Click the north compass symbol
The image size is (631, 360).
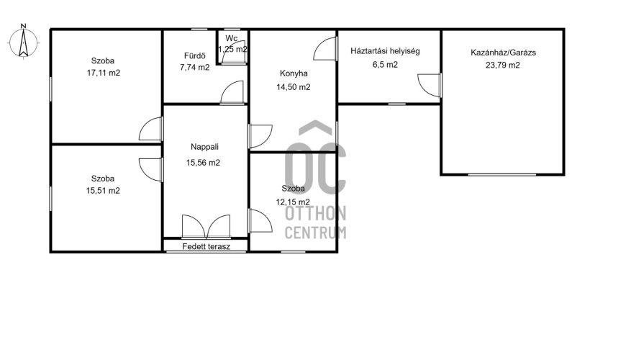(x=23, y=42)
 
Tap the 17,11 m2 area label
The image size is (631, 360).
(x=104, y=73)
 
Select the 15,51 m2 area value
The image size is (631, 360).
(x=103, y=191)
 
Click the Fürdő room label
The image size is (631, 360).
(x=195, y=55)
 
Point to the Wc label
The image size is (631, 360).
(x=232, y=38)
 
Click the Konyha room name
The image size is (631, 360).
(x=294, y=73)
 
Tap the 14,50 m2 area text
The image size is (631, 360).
(x=294, y=87)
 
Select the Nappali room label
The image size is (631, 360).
(x=205, y=147)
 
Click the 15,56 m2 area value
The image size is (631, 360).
(x=203, y=163)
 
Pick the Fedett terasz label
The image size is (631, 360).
(x=206, y=246)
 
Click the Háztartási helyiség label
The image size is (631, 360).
(x=385, y=51)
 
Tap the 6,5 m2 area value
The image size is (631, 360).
(x=385, y=64)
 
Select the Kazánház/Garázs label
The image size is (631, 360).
(x=504, y=53)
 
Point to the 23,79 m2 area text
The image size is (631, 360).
(x=503, y=66)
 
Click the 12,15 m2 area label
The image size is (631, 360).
(x=293, y=202)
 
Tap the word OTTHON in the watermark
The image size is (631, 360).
(x=315, y=214)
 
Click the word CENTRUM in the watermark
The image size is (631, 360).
(x=315, y=233)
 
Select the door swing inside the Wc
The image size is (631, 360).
(x=235, y=57)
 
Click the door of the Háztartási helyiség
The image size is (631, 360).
(x=430, y=85)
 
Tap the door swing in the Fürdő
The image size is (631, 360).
(x=232, y=92)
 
